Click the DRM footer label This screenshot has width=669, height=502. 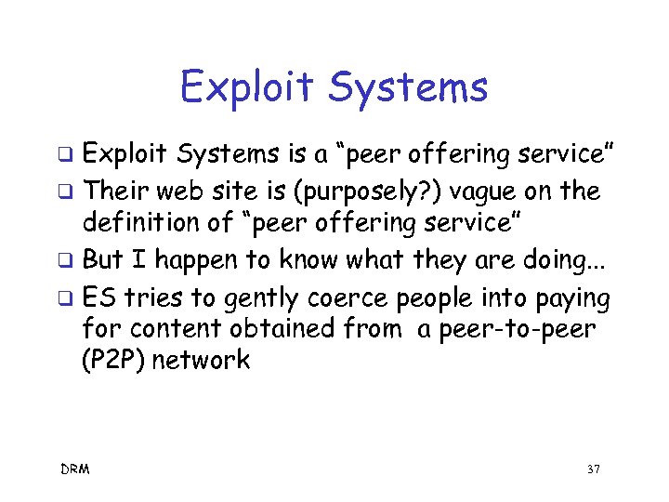[76, 469]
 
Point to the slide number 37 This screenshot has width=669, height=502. [593, 469]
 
